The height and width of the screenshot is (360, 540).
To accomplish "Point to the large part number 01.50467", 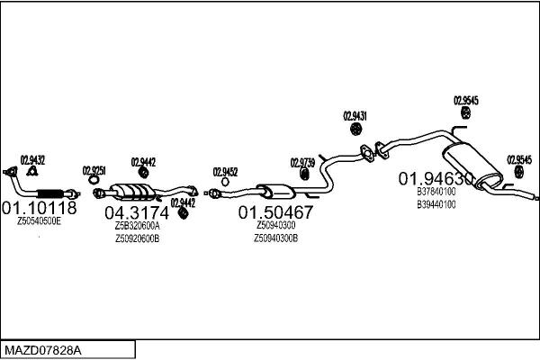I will coord(275,213).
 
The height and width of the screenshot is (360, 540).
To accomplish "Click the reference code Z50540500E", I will coord(39,220).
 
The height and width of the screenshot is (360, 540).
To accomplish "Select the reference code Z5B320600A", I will coord(137,226).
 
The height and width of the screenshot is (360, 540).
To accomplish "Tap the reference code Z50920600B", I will coord(137,238).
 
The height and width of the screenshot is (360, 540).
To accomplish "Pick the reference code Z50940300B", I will coord(275,238).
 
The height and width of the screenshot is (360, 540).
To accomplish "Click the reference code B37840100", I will coord(436,191).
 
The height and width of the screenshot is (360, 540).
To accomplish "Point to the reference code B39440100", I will coord(436,203).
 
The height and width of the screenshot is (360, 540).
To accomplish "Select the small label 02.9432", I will coord(32,159).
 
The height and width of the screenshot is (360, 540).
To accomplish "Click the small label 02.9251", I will coord(94,170).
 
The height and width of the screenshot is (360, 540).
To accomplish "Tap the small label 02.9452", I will coord(225,171).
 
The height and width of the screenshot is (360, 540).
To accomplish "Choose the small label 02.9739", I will coord(303,163).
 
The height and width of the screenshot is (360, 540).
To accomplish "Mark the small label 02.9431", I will coord(356,115).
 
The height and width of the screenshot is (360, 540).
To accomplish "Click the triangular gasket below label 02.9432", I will coord(32,171).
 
